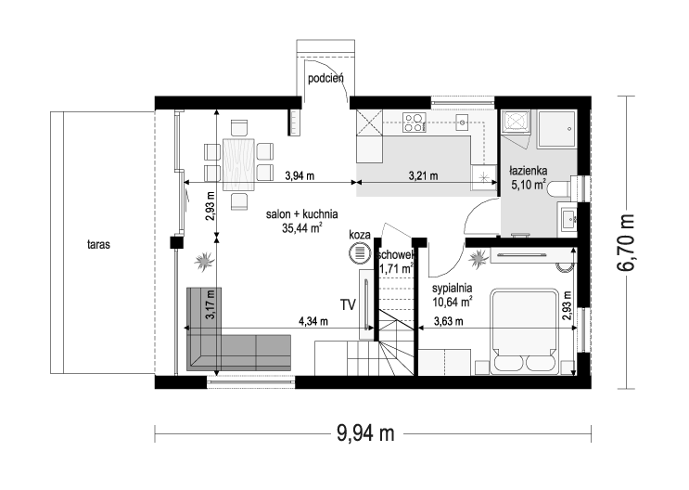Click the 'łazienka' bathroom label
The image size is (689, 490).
pyautogui.click(x=529, y=171)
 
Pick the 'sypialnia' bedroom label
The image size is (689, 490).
pyautogui.click(x=453, y=287)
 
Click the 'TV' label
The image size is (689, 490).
pyautogui.click(x=348, y=304)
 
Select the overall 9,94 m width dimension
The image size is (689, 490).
pyautogui.click(x=367, y=432)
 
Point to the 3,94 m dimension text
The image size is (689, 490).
pyautogui.click(x=300, y=175)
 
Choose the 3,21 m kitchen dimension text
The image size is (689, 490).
pyautogui.click(x=423, y=175)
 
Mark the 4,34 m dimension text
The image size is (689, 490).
pyautogui.click(x=313, y=322)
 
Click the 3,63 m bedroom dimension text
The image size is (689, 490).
pyautogui.click(x=451, y=322)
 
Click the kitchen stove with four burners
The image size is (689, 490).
pyautogui.click(x=414, y=122)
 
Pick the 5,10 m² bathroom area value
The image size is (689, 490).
pyautogui.click(x=529, y=185)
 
